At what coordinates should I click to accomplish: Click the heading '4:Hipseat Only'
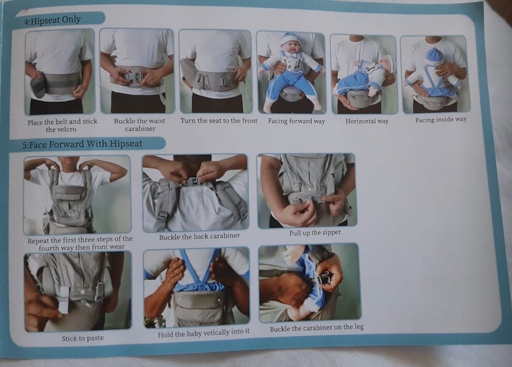[x=53, y=20]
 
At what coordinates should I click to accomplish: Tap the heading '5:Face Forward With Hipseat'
[x=82, y=144]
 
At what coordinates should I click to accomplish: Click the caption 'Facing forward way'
[x=297, y=121]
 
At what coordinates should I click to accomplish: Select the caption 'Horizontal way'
[x=367, y=121]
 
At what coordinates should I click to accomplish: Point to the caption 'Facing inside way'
[x=441, y=120]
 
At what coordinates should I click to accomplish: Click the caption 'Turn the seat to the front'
[x=219, y=121]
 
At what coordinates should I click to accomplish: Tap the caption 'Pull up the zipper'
[x=315, y=233]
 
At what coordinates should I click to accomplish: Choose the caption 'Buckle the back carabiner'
[x=199, y=236]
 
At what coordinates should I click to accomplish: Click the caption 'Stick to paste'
[x=83, y=338]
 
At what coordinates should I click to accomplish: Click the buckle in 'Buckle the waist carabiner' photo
[x=134, y=77]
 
